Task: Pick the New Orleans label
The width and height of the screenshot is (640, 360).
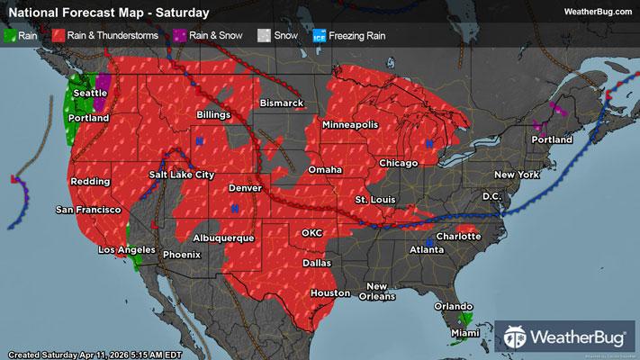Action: tap(376, 292)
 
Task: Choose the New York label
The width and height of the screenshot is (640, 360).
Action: tap(516, 174)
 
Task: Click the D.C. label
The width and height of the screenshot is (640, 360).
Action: tap(491, 195)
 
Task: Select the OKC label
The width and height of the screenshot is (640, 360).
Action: tap(311, 232)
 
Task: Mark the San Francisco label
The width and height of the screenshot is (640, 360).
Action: tap(88, 210)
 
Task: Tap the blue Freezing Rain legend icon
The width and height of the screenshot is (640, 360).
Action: tap(318, 36)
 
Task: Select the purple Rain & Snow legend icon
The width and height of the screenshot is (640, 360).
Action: tap(180, 36)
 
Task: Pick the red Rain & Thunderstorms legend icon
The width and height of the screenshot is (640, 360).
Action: tap(57, 36)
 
